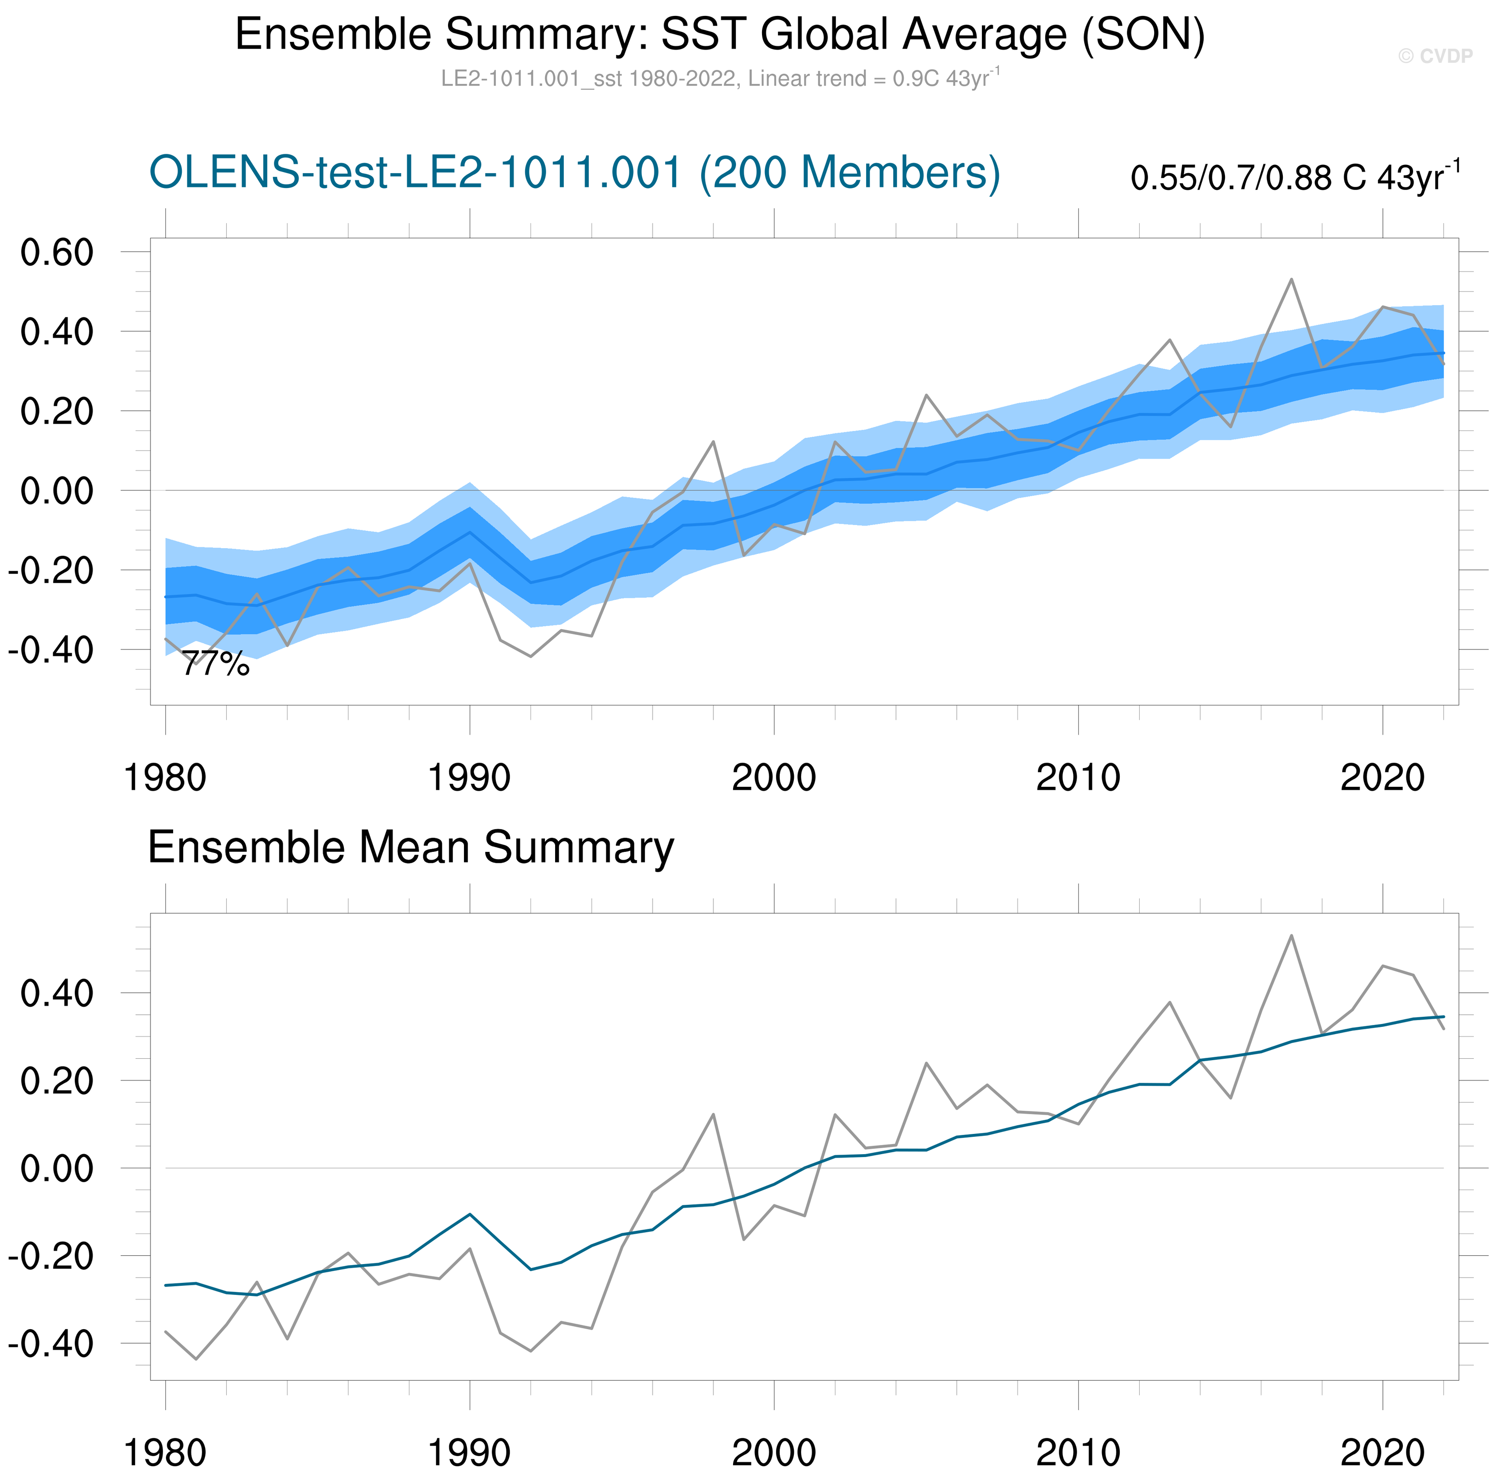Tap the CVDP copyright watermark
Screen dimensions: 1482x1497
[1435, 56]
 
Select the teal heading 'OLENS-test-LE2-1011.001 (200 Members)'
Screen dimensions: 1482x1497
[574, 172]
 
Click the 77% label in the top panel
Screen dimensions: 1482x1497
[216, 664]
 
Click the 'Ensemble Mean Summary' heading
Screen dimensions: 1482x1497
[411, 847]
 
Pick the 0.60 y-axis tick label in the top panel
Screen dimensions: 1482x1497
[56, 253]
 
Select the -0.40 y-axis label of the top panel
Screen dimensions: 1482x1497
[51, 650]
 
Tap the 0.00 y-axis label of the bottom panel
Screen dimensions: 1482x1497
[56, 1168]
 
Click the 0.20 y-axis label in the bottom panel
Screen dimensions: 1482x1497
[56, 1081]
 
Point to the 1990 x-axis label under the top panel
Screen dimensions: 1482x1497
[470, 777]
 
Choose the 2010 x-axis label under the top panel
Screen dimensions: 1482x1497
[1078, 777]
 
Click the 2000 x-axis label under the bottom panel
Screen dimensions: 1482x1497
[774, 1453]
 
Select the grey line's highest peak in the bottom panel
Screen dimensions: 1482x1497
[1291, 936]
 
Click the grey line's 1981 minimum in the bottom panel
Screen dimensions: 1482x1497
[196, 1359]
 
